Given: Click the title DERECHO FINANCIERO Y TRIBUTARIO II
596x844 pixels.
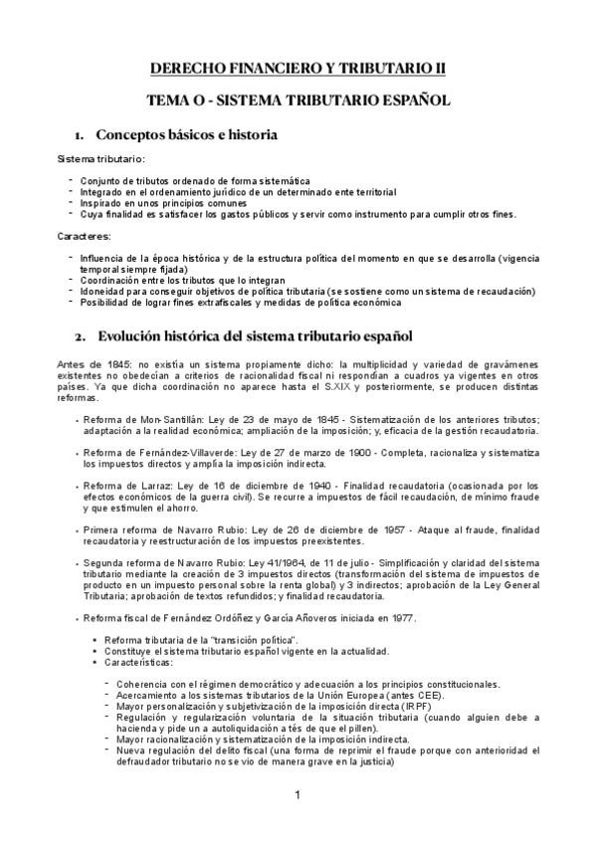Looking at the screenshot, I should tap(298, 68).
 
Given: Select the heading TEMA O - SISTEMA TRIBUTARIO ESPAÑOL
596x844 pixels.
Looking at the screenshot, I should tap(298, 101).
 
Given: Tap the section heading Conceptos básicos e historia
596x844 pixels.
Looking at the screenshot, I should tap(185, 134).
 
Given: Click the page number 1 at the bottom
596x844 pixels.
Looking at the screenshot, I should tap(298, 823).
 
